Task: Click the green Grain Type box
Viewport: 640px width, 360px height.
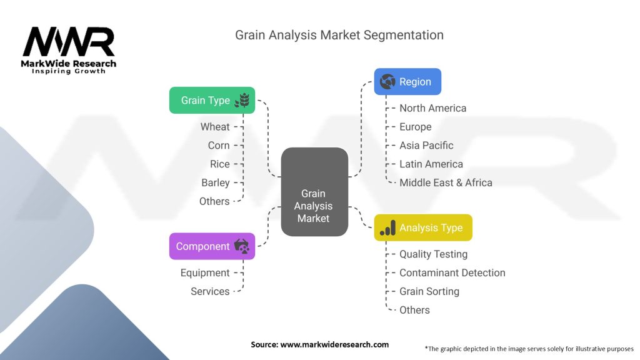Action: [212, 101]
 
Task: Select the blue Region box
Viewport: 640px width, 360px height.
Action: [407, 82]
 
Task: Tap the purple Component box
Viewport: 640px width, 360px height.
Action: [212, 246]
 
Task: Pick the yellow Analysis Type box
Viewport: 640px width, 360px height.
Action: [423, 227]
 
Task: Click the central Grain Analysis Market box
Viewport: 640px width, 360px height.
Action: [314, 192]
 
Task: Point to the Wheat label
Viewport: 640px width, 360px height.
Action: [215, 127]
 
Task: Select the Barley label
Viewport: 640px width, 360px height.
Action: [216, 183]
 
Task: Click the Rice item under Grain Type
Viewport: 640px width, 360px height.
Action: [219, 164]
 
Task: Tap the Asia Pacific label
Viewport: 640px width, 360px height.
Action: [426, 145]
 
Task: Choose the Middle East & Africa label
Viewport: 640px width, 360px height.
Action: [446, 183]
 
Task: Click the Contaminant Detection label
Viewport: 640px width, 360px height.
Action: [452, 272]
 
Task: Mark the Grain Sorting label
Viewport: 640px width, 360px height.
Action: [429, 291]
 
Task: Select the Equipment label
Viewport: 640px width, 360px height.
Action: [205, 273]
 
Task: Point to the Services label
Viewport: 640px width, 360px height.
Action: [210, 291]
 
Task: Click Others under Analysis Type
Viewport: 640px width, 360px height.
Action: [414, 310]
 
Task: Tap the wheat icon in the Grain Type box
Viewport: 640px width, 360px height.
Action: [242, 101]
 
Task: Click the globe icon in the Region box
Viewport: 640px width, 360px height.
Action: [387, 82]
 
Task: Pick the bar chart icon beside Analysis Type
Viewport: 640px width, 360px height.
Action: [387, 227]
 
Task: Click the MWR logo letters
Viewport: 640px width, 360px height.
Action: [69, 41]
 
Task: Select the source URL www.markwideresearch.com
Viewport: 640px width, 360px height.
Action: [334, 344]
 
